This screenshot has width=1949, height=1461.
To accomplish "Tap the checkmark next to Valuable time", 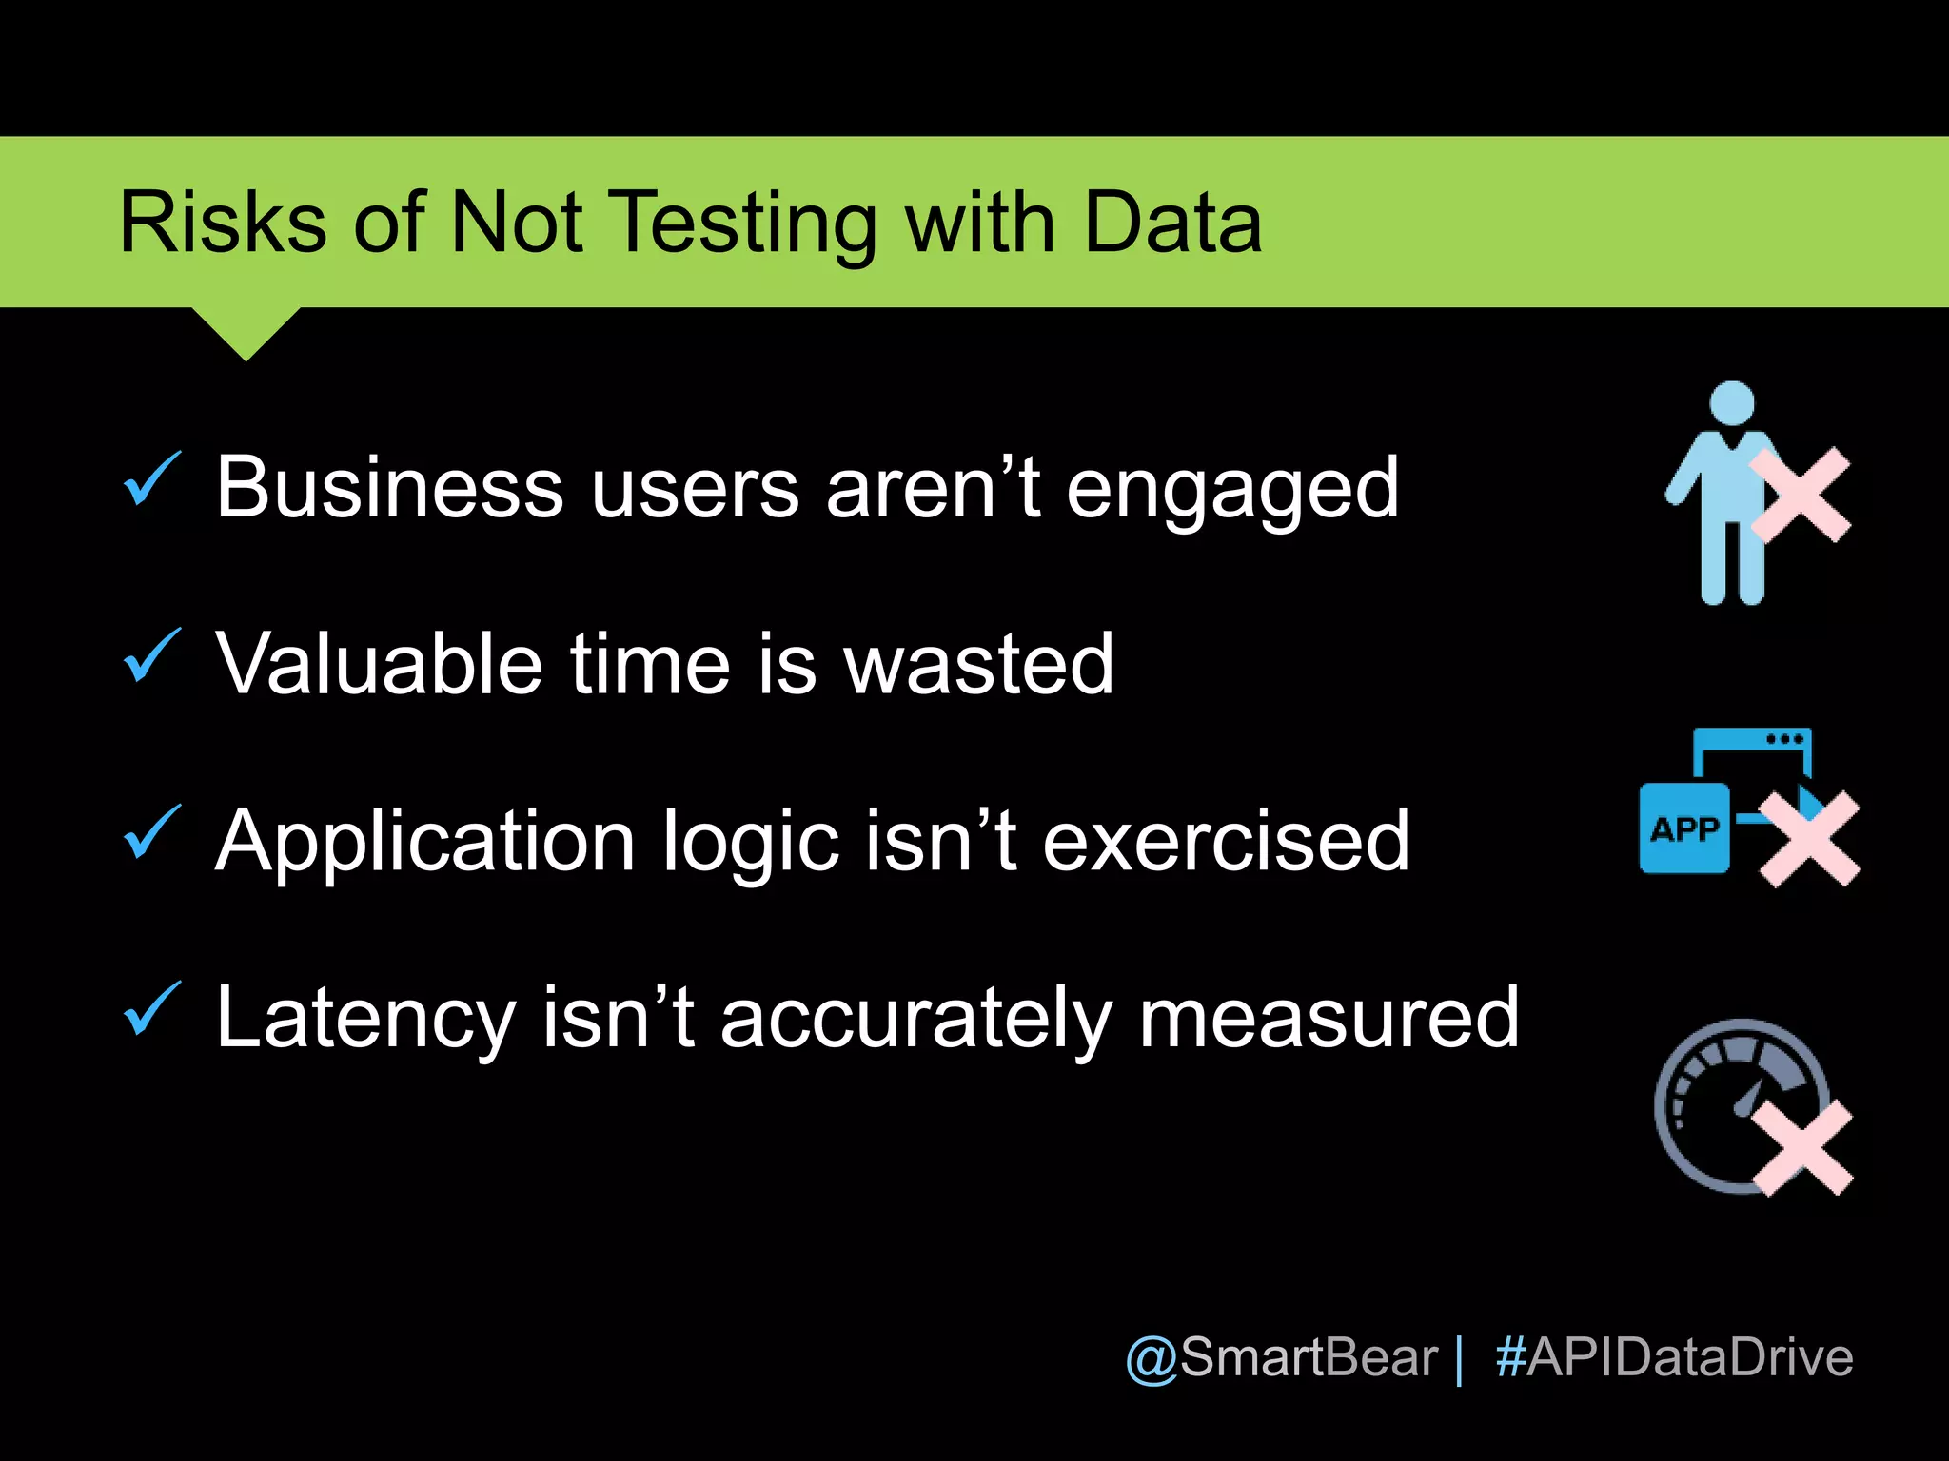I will [x=151, y=655].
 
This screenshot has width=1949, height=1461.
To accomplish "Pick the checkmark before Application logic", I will [x=151, y=832].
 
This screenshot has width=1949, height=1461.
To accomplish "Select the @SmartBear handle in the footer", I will [x=1281, y=1357].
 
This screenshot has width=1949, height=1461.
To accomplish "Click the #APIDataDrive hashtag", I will [x=1674, y=1357].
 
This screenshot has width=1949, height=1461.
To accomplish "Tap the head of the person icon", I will [x=1731, y=402].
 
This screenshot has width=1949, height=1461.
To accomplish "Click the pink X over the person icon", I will [x=1801, y=496].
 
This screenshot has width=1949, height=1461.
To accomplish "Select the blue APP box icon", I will [x=1684, y=828].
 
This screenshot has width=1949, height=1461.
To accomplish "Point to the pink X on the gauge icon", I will [x=1802, y=1148].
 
